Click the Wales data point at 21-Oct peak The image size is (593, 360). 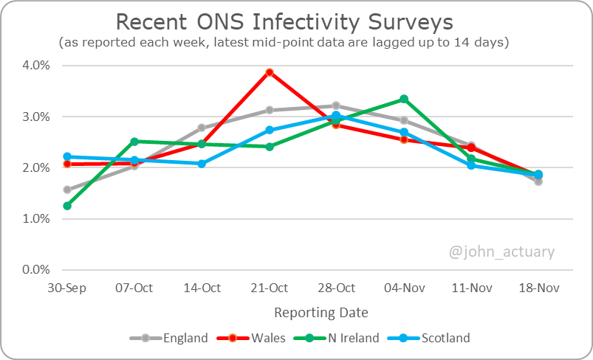pyautogui.click(x=270, y=72)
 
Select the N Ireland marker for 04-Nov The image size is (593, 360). pyautogui.click(x=404, y=99)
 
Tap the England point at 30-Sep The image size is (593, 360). pyautogui.click(x=67, y=190)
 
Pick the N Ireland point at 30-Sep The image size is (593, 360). pyautogui.click(x=67, y=206)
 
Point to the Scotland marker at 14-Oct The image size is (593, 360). pyautogui.click(x=202, y=164)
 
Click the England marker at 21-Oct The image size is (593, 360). pyautogui.click(x=270, y=110)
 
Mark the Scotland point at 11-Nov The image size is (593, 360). pyautogui.click(x=471, y=165)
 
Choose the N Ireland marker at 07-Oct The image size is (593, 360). pyautogui.click(x=134, y=142)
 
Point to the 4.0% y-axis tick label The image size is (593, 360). pyautogui.click(x=35, y=65)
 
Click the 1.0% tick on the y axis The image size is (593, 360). pyautogui.click(x=35, y=219)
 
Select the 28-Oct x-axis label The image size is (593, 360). pyautogui.click(x=337, y=288)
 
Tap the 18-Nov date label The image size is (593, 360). pyautogui.click(x=538, y=288)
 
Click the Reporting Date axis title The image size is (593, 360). pyautogui.click(x=321, y=313)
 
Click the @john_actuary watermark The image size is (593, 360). pyautogui.click(x=502, y=252)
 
